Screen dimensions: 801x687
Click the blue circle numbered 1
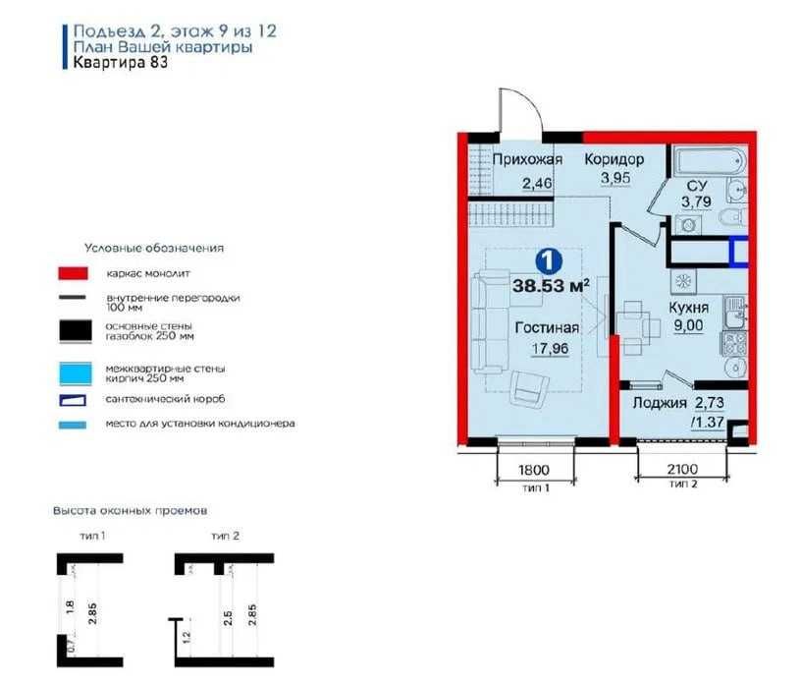549,260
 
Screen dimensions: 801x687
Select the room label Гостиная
547,327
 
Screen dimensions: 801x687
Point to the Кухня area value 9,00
688,325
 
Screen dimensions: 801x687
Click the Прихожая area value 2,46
537,183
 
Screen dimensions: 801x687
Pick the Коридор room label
614,159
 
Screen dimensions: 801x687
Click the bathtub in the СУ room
709,161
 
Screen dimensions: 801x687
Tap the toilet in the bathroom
733,217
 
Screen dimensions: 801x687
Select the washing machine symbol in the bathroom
688,225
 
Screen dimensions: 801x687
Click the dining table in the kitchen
633,326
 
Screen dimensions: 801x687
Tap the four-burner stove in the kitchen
734,343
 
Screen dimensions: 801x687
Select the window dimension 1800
534,470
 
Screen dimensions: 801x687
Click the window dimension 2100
682,469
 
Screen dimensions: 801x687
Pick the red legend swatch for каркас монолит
73,273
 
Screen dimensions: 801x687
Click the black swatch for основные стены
76,330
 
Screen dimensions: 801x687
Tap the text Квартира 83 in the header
121,62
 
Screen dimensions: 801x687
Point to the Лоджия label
660,403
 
